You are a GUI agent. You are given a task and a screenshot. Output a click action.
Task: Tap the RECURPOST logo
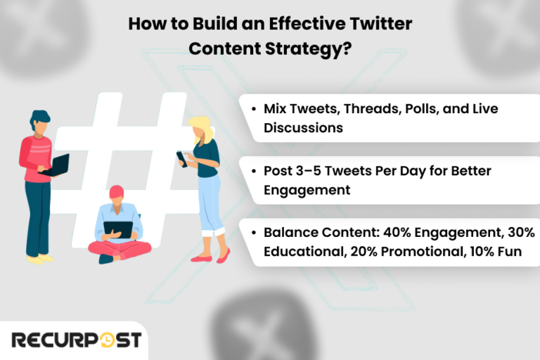pyautogui.click(x=76, y=340)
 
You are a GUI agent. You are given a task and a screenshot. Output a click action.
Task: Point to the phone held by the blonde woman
pyautogui.click(x=181, y=158)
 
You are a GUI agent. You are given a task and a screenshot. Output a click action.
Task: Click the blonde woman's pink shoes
pyautogui.click(x=211, y=256)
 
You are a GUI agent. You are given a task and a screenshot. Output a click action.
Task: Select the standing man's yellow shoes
pyautogui.click(x=39, y=259)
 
